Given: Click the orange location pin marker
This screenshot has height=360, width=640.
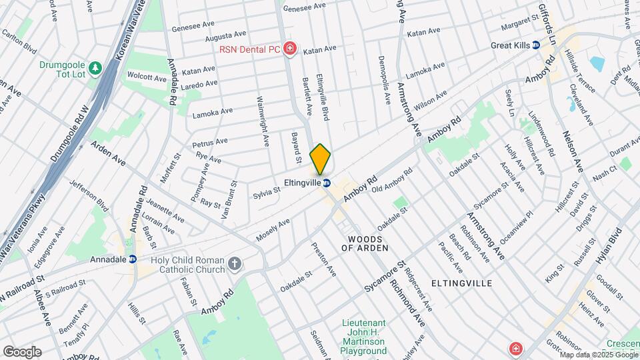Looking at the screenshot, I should click(x=321, y=159).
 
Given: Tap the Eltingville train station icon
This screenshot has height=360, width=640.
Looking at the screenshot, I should click(x=327, y=183).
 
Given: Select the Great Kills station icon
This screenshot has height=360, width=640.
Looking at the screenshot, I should click(x=536, y=45).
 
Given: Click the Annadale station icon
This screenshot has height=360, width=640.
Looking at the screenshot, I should click(x=132, y=259).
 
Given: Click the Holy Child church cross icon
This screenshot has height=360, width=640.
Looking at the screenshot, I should click(x=234, y=264).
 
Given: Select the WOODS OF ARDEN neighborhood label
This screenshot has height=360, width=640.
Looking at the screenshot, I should click(x=365, y=243).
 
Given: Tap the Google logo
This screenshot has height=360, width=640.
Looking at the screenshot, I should click(x=22, y=351).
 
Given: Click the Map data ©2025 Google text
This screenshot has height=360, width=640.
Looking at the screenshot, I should click(x=598, y=354).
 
